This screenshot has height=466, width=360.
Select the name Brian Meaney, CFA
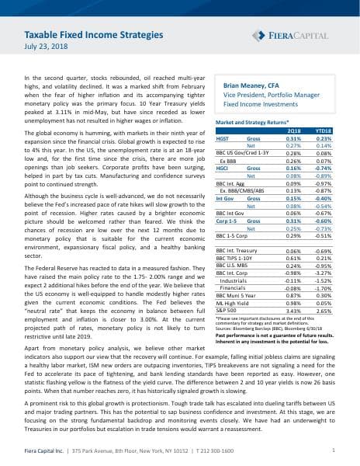tap(251, 88)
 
